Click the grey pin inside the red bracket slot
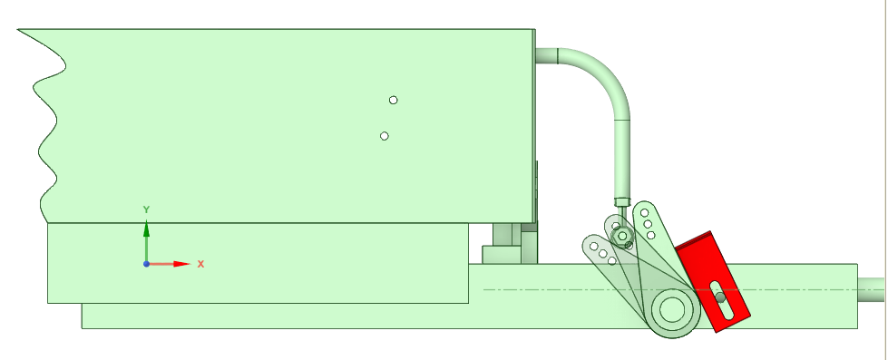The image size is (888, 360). pyautogui.click(x=720, y=297)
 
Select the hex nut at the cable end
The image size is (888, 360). pyautogui.click(x=622, y=236)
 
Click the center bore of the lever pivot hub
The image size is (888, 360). pyautogui.click(x=672, y=309)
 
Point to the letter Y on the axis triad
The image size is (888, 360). pyautogui.click(x=146, y=210)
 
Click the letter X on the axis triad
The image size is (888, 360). pyautogui.click(x=200, y=264)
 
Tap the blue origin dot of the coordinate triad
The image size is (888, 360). pyautogui.click(x=146, y=264)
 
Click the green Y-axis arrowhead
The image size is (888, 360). pyautogui.click(x=146, y=228)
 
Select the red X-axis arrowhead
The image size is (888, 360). pyautogui.click(x=181, y=264)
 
